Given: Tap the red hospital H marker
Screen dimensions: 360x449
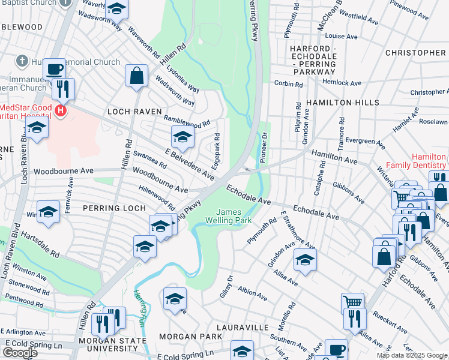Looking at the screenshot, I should point(60,110).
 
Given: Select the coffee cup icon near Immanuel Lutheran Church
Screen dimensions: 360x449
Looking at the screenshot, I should point(54,69).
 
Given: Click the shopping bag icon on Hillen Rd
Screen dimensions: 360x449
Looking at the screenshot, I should point(137,76).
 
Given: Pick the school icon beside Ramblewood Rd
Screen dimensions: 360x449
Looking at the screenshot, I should point(182,138).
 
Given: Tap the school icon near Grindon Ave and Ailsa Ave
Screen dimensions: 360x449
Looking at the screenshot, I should point(305,260).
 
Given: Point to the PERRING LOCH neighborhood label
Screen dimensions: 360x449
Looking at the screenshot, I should point(114,208).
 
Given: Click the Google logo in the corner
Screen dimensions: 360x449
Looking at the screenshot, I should point(20,353).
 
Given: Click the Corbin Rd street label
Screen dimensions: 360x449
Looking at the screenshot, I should point(288,83).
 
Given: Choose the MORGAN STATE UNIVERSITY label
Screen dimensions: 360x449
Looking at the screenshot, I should point(112,346).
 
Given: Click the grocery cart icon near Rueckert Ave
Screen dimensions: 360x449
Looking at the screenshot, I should point(352,302).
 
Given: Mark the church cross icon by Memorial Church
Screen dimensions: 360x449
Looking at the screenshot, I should point(22,61).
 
